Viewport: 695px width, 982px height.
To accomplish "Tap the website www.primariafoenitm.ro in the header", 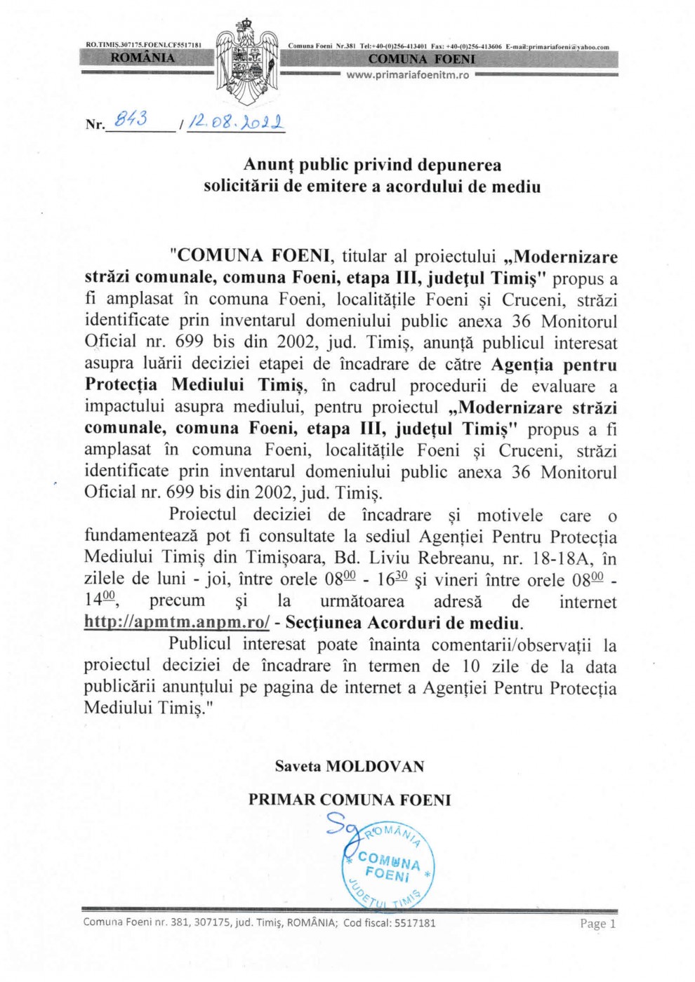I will (407, 75).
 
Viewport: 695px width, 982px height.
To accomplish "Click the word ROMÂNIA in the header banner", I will (143, 58).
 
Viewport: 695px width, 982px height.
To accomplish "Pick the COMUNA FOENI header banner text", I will (421, 59).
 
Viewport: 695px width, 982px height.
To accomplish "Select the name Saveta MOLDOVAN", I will (350, 766).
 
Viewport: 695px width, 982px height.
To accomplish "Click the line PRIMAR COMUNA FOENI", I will (350, 800).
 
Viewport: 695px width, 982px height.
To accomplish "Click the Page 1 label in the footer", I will (597, 924).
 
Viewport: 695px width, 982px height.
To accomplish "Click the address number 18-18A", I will (559, 558).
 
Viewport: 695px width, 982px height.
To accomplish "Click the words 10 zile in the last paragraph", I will (487, 666).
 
